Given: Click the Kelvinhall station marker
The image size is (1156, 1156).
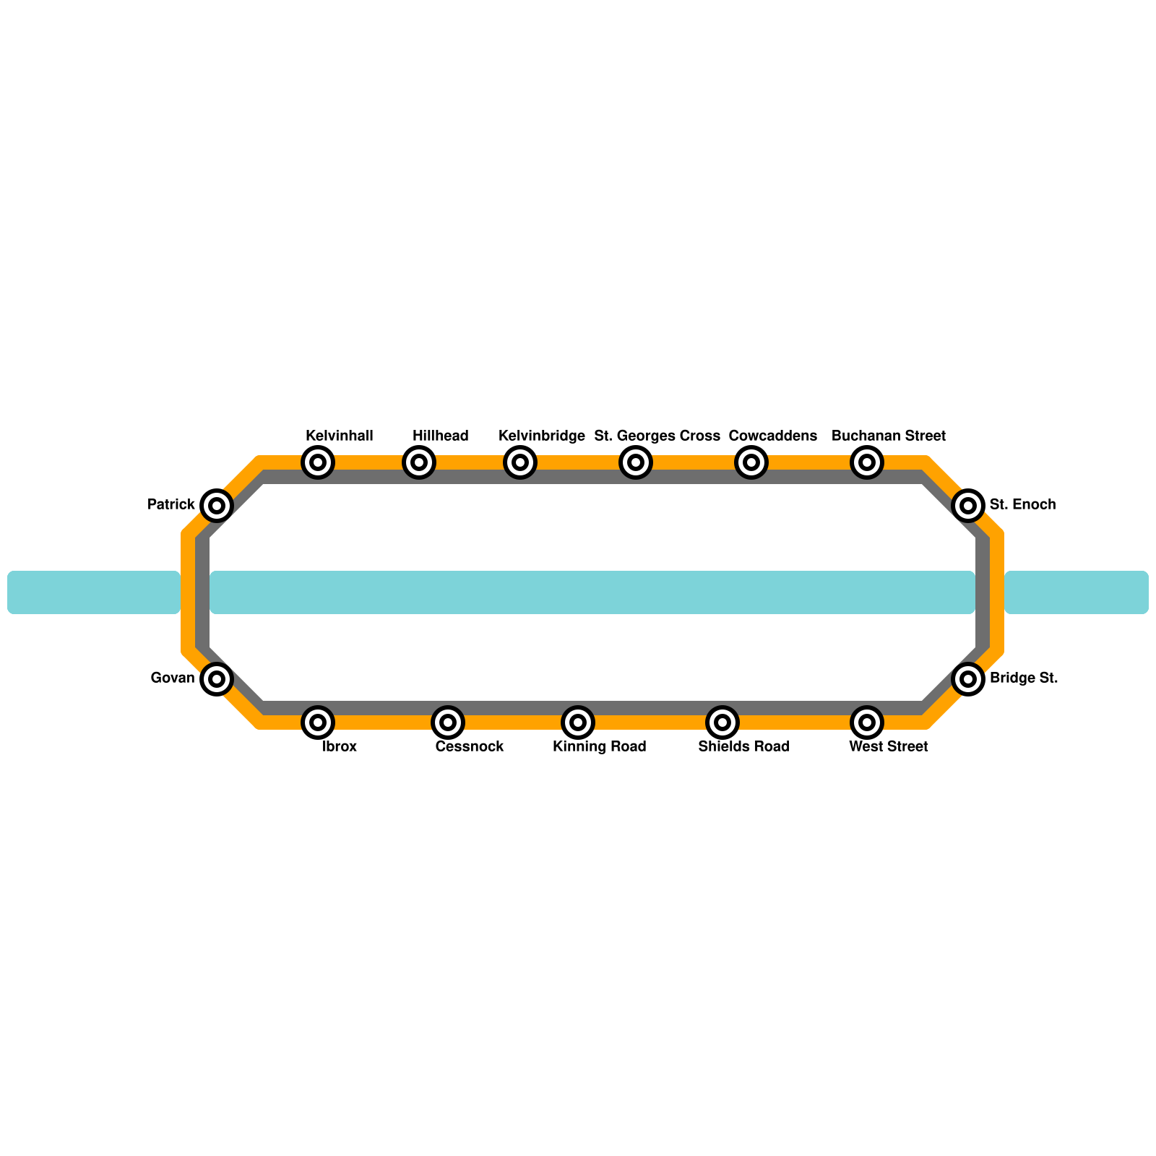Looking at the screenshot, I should point(318,462).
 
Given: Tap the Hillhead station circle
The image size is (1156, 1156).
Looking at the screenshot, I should point(419,462).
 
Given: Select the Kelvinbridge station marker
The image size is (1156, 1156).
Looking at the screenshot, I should point(520,462).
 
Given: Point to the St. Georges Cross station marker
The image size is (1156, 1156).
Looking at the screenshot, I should point(636,462).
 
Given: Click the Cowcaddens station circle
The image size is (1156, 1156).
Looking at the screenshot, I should point(751,462).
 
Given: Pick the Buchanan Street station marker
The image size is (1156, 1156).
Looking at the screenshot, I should point(867,462).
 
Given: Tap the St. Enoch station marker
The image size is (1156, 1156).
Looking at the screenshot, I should point(968,505).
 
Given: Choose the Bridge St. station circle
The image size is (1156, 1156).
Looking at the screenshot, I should point(968,678).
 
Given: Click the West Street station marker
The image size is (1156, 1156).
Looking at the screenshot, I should point(867,722).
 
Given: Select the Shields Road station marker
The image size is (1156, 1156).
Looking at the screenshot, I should point(722,722).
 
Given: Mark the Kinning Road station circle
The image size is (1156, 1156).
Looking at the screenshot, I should point(578,722).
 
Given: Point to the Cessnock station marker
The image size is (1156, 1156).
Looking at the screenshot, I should point(448,722).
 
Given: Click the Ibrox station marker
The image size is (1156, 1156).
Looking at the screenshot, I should point(318,722).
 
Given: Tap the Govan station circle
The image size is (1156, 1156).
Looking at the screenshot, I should point(217,678).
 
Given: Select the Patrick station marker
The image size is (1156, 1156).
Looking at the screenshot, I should point(217,505).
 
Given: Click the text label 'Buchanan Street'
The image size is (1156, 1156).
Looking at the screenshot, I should point(889,436).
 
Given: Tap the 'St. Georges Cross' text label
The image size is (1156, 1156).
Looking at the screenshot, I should point(657,436).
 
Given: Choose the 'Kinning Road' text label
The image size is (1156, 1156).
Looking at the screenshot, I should point(600,747).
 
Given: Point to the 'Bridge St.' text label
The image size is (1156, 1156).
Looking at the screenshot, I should point(1024,678).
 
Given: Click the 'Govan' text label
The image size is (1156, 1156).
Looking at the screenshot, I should point(173,678).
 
